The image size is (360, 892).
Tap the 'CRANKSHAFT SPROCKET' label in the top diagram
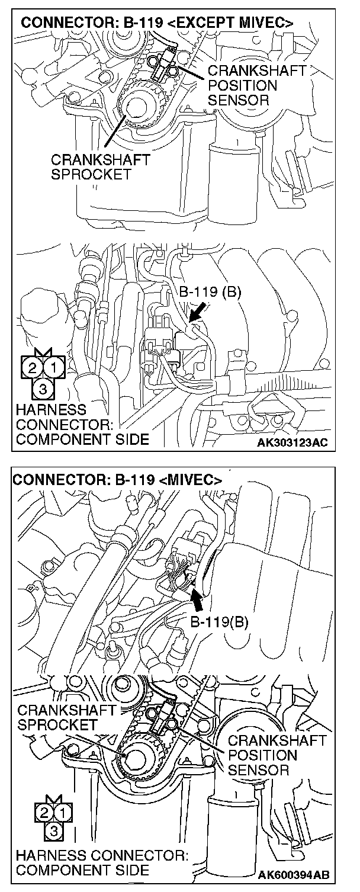pos(99,167)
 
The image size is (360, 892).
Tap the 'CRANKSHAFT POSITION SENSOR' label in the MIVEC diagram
pos(276,755)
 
